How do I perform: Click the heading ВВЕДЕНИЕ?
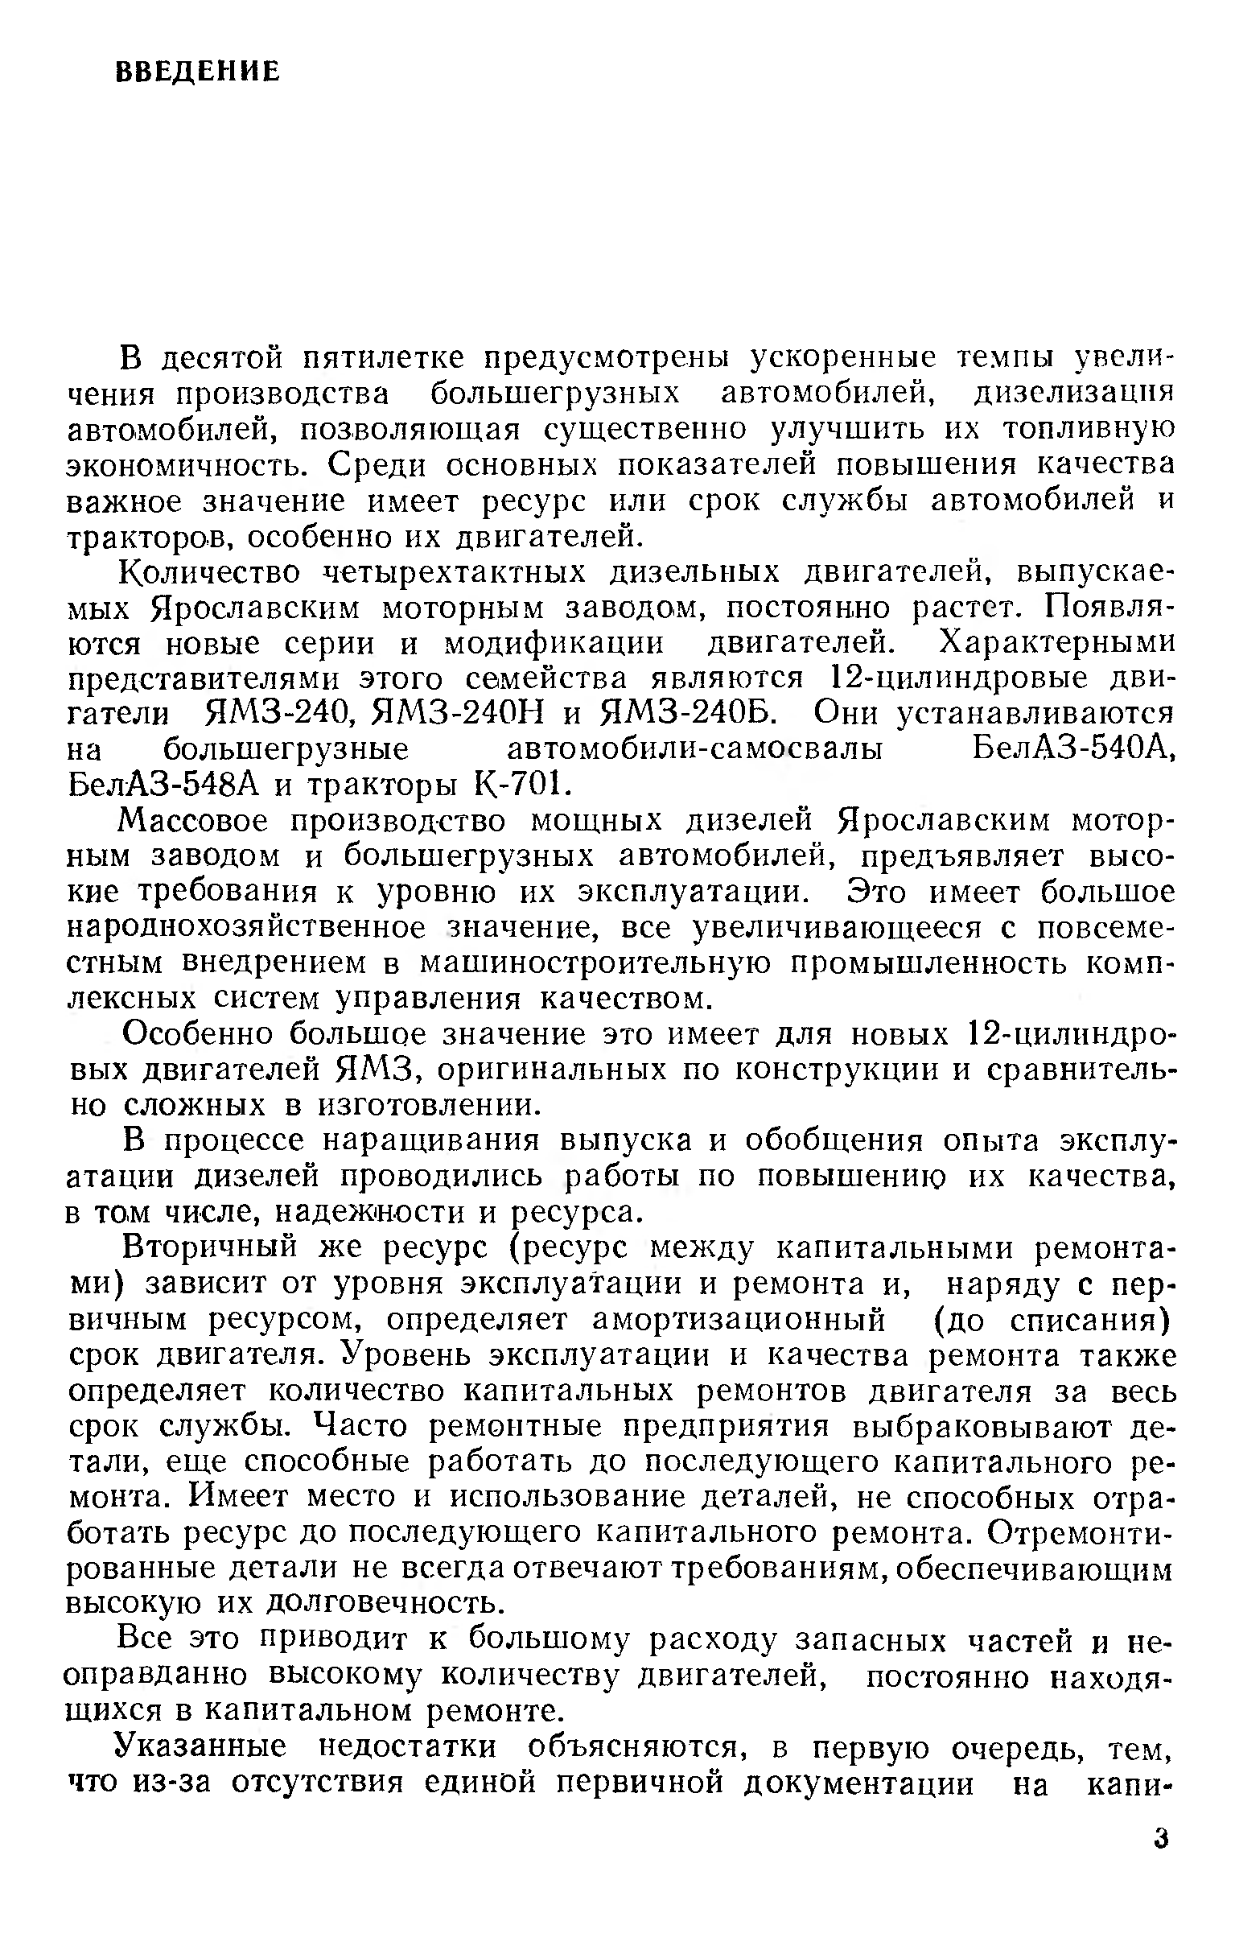click(x=198, y=72)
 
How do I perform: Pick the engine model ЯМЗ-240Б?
click(x=690, y=714)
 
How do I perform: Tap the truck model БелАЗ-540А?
click(x=1072, y=751)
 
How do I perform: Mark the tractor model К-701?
click(x=517, y=785)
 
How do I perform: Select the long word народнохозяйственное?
click(x=247, y=929)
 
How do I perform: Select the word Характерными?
click(x=1056, y=644)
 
